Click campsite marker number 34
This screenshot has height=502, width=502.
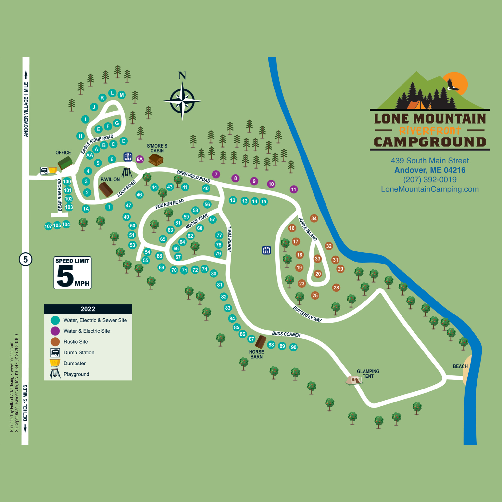314,218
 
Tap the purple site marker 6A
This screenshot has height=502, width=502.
140,159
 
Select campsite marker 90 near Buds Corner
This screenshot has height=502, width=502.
293,347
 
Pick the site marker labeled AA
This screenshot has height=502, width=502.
90,155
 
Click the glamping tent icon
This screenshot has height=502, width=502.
354,380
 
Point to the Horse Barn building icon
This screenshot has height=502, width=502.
261,342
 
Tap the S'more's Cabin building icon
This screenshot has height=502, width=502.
156,160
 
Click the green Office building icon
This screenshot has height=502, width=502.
65,163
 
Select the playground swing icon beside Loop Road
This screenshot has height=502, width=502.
127,173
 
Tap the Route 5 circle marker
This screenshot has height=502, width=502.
25,259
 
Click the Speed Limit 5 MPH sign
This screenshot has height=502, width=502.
73,273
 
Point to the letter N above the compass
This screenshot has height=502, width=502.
182,75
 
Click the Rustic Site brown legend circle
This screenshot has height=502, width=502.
55,342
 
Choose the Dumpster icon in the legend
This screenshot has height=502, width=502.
55,363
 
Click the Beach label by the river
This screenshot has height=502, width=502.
460,366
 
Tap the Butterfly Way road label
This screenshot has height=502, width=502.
307,314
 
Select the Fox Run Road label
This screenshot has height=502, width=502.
169,204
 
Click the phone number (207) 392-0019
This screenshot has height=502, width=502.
430,179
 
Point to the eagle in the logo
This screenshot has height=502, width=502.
452,85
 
